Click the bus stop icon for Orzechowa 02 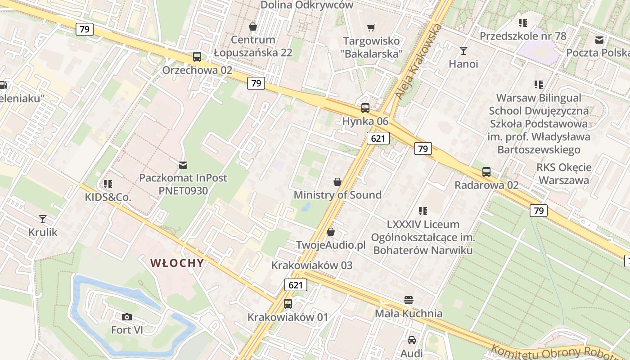(x=197, y=57)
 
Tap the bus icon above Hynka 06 (x=365, y=108)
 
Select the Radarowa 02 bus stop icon (x=486, y=171)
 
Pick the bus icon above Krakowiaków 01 (x=288, y=304)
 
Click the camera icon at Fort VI (x=127, y=317)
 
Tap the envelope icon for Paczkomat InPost (x=183, y=165)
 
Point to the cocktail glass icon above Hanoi (x=463, y=50)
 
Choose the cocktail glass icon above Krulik (x=43, y=219)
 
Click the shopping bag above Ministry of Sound (x=337, y=182)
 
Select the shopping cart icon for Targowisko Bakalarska (x=371, y=28)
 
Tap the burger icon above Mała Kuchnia (x=409, y=300)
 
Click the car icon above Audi (x=412, y=340)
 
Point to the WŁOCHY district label (x=177, y=263)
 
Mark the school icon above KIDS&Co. (x=108, y=184)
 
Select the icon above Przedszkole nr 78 (x=522, y=22)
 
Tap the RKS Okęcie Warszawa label (x=564, y=174)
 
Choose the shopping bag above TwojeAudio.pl (x=331, y=232)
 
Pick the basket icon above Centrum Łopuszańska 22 (x=253, y=27)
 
